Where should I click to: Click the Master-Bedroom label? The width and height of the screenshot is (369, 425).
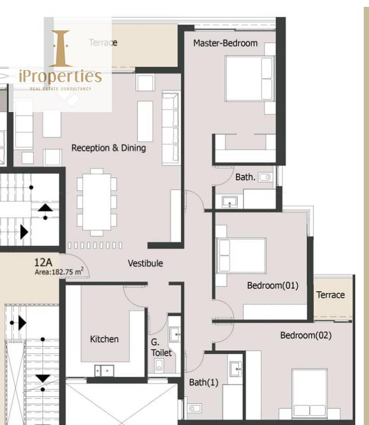[x=225, y=43]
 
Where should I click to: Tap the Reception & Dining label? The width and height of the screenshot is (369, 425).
[x=109, y=148]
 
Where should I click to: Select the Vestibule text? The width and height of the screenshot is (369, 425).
[x=145, y=263]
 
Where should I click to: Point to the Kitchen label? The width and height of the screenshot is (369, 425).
[x=104, y=339]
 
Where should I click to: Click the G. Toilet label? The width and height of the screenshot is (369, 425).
[x=161, y=347]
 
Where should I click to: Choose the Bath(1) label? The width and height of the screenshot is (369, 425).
[x=204, y=382]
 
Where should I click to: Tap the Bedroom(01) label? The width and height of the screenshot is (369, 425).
[x=272, y=285]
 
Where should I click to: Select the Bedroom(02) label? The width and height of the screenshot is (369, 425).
[x=306, y=335]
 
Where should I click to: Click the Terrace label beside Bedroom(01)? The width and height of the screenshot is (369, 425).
[x=330, y=295]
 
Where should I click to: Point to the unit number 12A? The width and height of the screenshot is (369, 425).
[x=43, y=262]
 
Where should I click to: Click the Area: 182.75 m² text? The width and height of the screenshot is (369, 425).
[x=59, y=272]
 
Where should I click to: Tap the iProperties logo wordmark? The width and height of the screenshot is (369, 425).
[x=60, y=76]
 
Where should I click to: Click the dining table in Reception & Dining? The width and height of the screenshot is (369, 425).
[x=97, y=202]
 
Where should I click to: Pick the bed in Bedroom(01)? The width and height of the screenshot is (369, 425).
[x=242, y=256]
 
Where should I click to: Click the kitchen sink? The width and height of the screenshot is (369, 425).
[x=104, y=370]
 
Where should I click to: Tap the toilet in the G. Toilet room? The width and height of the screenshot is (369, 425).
[x=159, y=366]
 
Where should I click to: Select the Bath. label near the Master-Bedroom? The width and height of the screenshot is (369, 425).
[x=245, y=177]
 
